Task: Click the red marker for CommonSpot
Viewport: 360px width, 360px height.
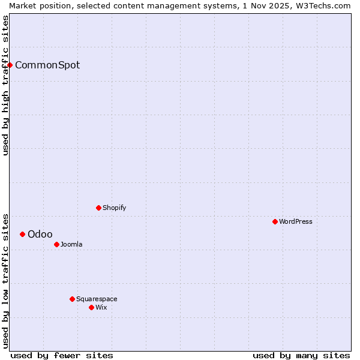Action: point(10,65)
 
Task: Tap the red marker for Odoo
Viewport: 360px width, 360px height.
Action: point(22,234)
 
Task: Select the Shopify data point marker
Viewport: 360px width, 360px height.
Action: point(98,208)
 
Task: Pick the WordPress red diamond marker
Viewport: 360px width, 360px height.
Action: point(275,221)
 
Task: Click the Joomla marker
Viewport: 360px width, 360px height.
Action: point(56,244)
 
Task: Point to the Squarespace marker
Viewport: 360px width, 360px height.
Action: point(72,299)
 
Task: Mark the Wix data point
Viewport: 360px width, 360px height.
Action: point(91,307)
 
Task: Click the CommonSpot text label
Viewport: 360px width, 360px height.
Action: point(47,65)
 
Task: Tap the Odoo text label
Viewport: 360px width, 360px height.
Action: point(40,234)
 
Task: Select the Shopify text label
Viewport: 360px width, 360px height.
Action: point(114,208)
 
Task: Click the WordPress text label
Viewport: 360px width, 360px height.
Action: point(296,221)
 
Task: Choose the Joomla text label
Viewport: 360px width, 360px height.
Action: point(71,244)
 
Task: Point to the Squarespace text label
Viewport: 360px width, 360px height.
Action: point(97,299)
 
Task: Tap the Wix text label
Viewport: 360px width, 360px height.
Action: point(101,307)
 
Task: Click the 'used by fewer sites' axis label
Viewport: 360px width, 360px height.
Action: point(62,355)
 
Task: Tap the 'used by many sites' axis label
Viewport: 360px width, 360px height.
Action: point(301,355)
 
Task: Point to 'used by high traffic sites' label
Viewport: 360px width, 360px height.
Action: point(5,85)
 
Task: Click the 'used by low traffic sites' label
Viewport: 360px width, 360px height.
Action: point(5,280)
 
